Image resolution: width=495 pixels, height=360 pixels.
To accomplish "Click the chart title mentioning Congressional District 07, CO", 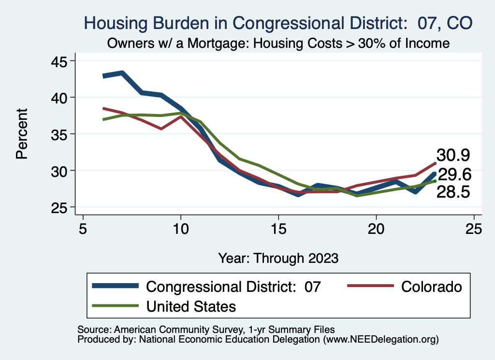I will coord(278,23).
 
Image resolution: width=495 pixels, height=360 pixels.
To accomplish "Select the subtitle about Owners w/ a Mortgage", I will coord(278,43).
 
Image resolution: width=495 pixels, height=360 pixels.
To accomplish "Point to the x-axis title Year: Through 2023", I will coord(278,257).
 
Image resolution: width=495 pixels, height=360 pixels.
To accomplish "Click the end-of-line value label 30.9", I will coord(453,155).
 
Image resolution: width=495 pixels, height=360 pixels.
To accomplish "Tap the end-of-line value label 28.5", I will coord(453,192).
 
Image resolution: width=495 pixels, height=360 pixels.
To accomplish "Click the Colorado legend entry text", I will coord(432,287).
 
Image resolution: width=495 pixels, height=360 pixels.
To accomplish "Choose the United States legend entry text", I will coord(191,306).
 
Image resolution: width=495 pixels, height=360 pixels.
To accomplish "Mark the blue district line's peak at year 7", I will coord(122,73).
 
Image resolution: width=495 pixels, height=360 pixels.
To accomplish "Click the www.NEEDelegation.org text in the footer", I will coord(380,339).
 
